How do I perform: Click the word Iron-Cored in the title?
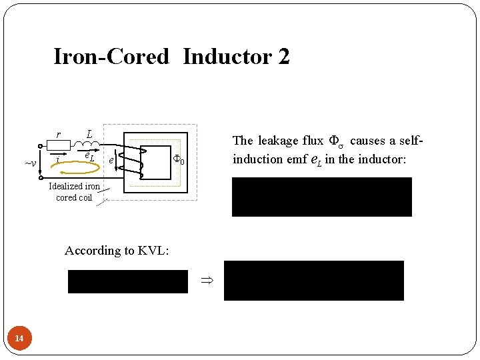tap(111, 57)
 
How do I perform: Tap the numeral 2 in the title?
tap(284, 57)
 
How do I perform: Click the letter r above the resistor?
tap(59, 135)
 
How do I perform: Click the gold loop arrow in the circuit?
tap(75, 164)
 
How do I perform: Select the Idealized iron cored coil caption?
tap(74, 192)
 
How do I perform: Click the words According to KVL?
tap(117, 251)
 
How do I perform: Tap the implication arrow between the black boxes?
tap(206, 281)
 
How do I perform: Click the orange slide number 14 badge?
tap(19, 339)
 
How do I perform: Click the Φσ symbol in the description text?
tap(335, 141)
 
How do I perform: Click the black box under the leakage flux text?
tap(321, 197)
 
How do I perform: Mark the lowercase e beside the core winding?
tap(111, 160)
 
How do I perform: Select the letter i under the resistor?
tap(59, 160)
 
